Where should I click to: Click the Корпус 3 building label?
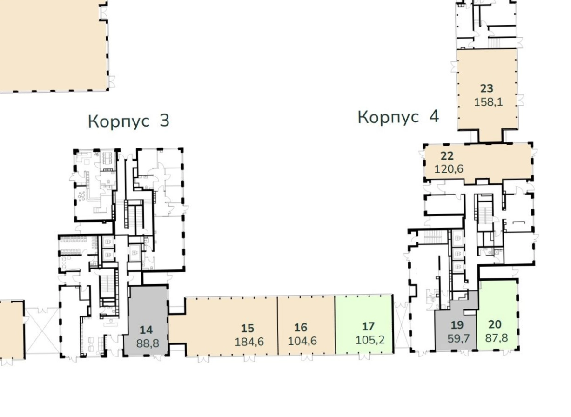pyautogui.click(x=128, y=121)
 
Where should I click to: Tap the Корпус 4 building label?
pyautogui.click(x=398, y=117)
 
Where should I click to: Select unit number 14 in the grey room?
pyautogui.click(x=146, y=330)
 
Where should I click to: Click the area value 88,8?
pyautogui.click(x=148, y=343)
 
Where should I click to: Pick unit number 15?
pyautogui.click(x=248, y=329)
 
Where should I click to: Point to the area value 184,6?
pyautogui.click(x=249, y=342)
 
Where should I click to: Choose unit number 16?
pyautogui.click(x=301, y=328)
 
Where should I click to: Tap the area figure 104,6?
pyautogui.click(x=302, y=341)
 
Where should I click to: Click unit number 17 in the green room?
pyautogui.click(x=369, y=327)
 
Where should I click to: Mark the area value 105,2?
pyautogui.click(x=370, y=340)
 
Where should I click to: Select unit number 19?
pyautogui.click(x=457, y=325)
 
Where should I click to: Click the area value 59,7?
pyautogui.click(x=458, y=338)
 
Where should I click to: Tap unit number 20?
pyautogui.click(x=495, y=324)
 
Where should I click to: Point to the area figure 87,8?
pyautogui.click(x=497, y=338)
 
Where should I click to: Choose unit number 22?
pyautogui.click(x=447, y=156)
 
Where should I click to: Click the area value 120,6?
pyautogui.click(x=449, y=169)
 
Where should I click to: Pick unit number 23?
pyautogui.click(x=487, y=89)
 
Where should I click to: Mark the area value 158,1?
pyautogui.click(x=489, y=102)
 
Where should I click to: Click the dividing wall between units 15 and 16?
pyautogui.click(x=278, y=325)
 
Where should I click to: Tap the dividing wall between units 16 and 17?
pyautogui.click(x=335, y=325)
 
